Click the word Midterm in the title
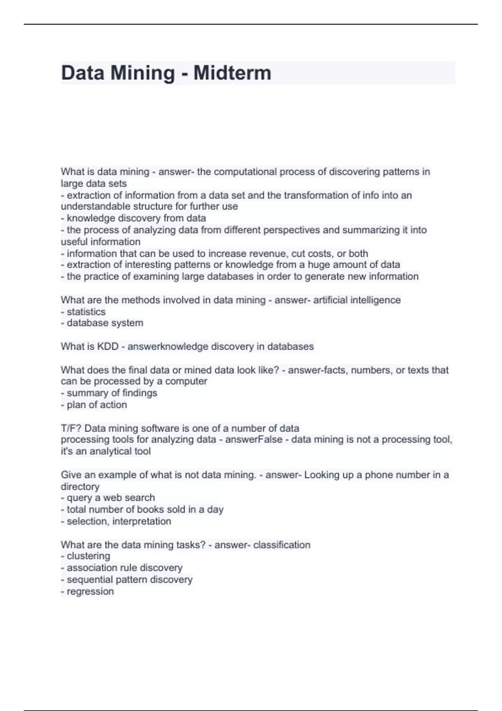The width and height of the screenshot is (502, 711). tap(232, 73)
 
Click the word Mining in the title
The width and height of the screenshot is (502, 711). tap(143, 73)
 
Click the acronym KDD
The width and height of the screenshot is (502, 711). tap(108, 347)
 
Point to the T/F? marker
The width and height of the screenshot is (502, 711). tap(71, 428)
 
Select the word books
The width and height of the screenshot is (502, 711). tap(149, 509)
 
